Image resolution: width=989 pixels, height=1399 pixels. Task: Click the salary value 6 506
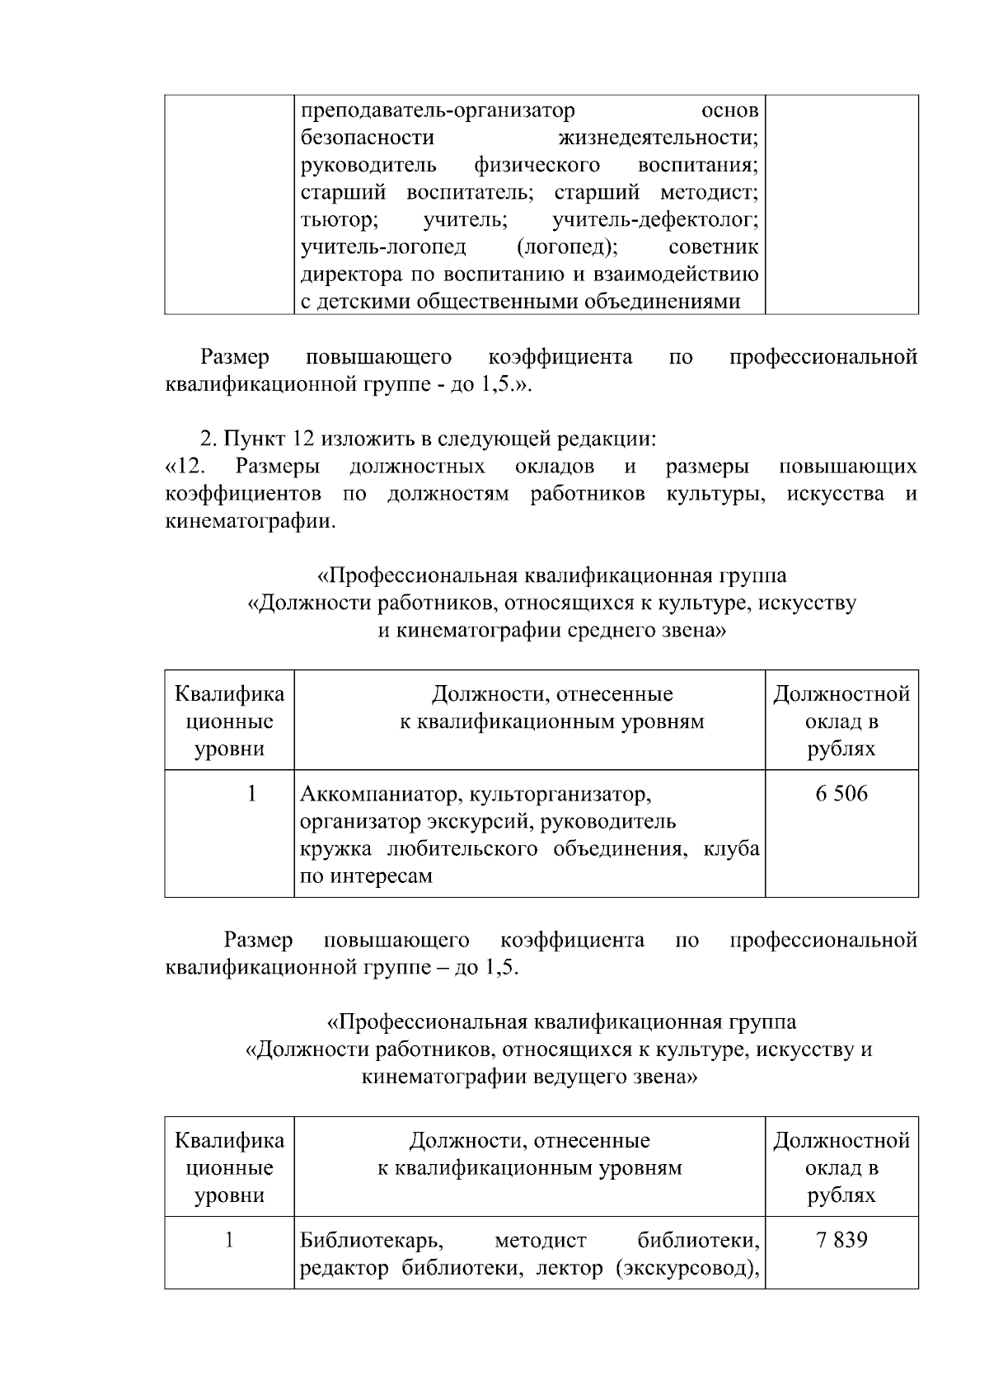point(841,794)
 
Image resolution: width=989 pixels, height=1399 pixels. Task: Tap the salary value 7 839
point(841,1240)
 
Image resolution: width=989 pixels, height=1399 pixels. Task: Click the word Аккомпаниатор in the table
point(370,795)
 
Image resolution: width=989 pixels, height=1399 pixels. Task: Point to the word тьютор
point(339,220)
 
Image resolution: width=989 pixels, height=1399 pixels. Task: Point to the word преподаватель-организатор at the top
point(437,110)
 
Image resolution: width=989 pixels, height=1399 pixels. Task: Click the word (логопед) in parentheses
point(567,247)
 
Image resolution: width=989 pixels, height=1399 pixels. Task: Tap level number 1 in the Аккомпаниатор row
point(251,794)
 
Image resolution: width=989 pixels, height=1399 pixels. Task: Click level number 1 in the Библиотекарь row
point(229,1240)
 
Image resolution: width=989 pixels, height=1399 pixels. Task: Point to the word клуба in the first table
point(731,849)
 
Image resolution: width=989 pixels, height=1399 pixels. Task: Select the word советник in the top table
point(714,247)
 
